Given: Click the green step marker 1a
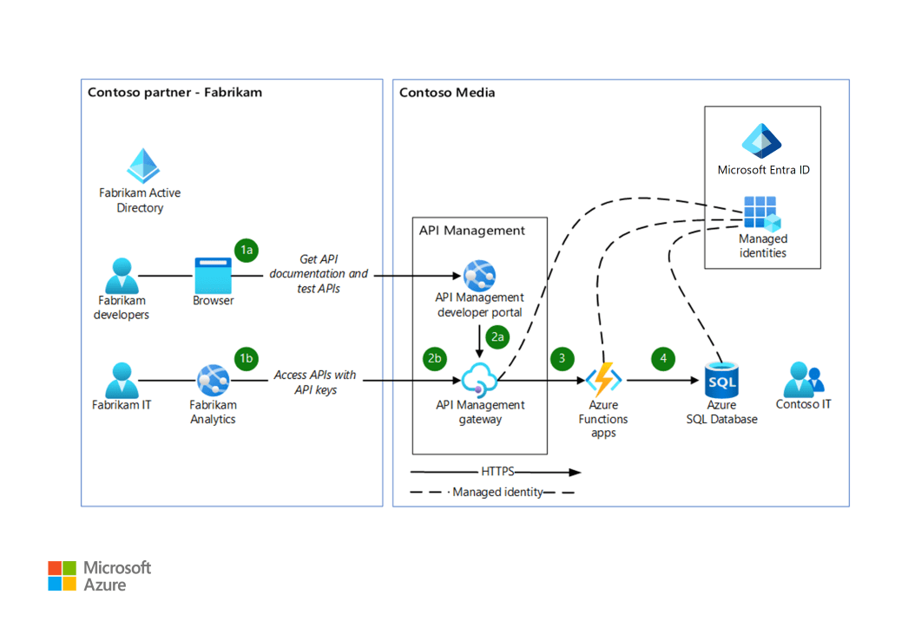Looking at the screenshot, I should (247, 250).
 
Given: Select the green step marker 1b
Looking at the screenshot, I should (247, 357).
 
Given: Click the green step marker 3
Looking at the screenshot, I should (562, 357).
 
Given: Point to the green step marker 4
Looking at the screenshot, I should (664, 357).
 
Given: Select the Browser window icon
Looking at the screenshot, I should (213, 275).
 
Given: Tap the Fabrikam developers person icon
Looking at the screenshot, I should (121, 275).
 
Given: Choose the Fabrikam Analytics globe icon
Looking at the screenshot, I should (213, 380).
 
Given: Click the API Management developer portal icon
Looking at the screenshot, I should (479, 275).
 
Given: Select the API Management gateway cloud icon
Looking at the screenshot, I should (479, 380).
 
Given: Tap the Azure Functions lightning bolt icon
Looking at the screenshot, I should (603, 380).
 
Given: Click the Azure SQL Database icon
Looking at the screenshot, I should (720, 380).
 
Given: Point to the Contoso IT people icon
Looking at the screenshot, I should (803, 380).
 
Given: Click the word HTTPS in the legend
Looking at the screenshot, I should (497, 473).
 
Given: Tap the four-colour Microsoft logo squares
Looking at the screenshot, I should (62, 576).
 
